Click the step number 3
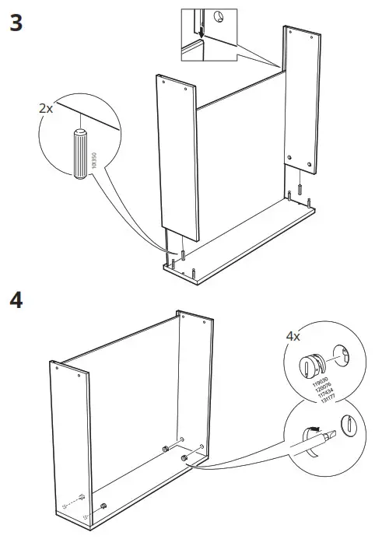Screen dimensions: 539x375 coord(15,23)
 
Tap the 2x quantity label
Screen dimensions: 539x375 coord(47,109)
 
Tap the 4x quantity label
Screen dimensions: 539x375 coord(293,338)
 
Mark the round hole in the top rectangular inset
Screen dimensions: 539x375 coord(221,16)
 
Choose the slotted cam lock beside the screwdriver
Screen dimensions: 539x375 coord(348,427)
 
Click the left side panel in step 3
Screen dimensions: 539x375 coord(178,156)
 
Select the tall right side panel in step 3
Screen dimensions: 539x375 coord(303,101)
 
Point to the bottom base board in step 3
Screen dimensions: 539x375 coord(241,237)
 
